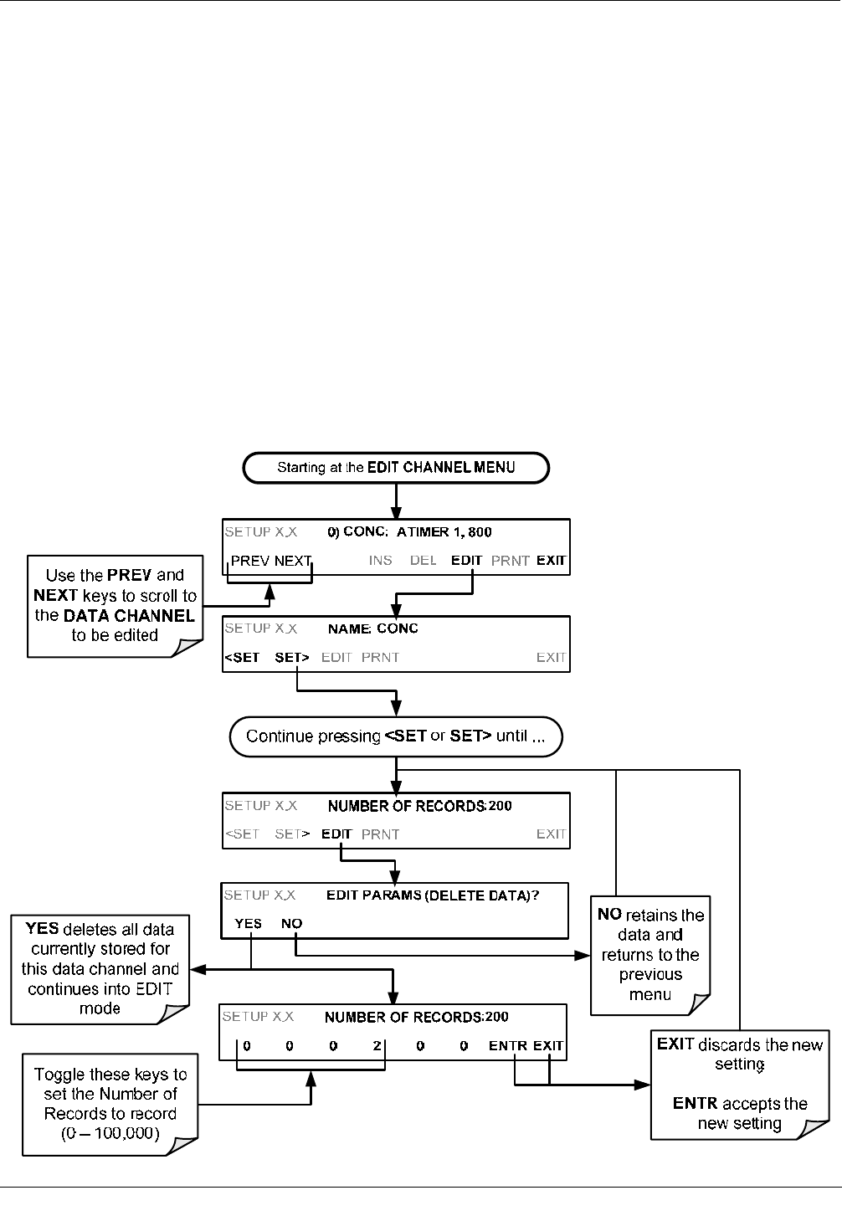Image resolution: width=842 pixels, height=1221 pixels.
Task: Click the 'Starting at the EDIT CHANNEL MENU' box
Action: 396,468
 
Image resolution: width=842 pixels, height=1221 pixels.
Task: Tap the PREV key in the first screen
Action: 250,561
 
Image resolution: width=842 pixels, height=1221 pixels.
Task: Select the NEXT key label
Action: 293,561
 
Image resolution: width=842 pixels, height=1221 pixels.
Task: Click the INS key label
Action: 380,561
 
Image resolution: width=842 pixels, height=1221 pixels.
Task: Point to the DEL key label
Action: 423,561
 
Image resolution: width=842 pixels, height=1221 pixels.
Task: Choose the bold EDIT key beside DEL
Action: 466,561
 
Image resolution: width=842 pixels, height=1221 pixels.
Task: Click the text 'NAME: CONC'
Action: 372,628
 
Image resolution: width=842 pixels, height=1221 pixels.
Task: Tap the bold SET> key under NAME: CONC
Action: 292,658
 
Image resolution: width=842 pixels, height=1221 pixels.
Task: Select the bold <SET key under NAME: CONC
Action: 242,658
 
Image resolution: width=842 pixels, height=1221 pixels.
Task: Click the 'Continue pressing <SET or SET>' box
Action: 396,736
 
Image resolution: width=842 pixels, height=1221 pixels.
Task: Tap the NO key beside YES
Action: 291,923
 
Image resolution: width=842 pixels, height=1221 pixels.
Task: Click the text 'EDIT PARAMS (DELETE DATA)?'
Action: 433,895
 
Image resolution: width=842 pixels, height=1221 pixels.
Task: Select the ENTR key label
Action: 508,1045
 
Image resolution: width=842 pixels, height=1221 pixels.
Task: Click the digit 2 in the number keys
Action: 377,1045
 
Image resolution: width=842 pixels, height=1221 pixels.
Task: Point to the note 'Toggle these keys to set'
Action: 110,1104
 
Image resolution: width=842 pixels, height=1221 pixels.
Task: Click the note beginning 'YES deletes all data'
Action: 100,969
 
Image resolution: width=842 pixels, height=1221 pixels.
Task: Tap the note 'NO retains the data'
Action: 650,955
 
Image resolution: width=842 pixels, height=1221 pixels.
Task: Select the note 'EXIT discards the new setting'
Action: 740,1085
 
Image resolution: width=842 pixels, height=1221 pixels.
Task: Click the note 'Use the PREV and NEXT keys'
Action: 115,606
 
